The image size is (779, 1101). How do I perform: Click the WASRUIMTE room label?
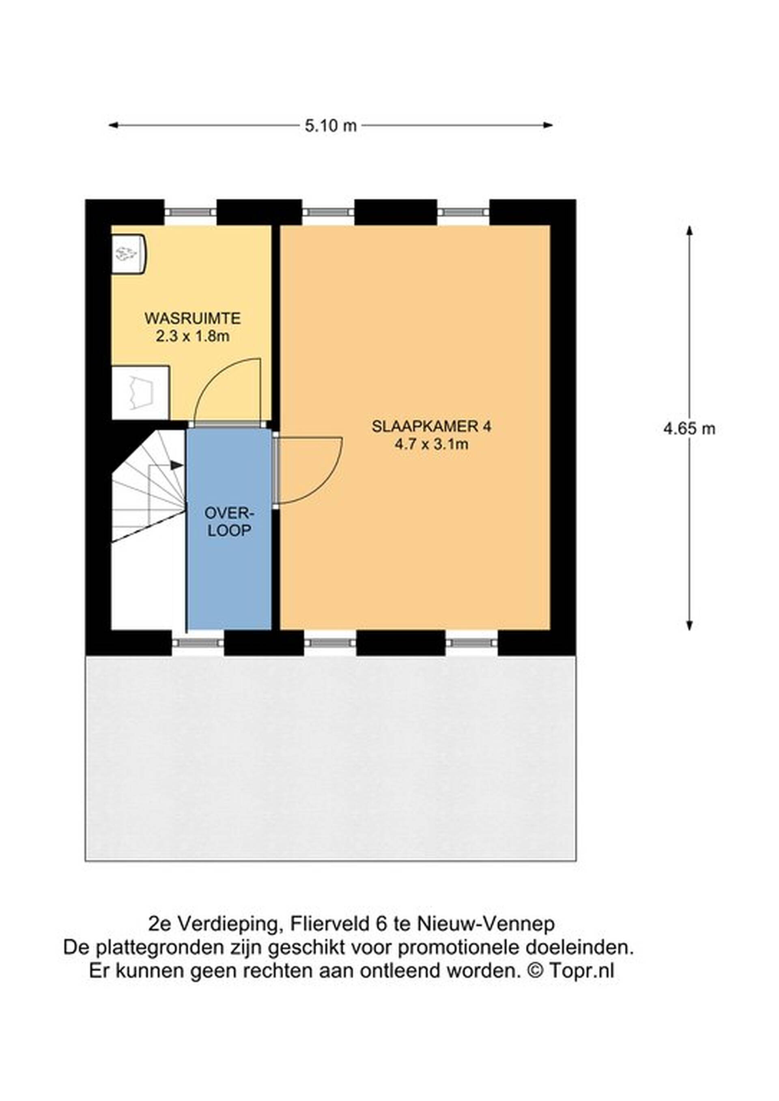click(192, 318)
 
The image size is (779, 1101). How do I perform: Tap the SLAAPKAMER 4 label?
click(431, 426)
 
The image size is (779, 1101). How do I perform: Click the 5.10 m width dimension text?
click(331, 126)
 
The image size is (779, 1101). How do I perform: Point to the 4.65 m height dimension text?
click(689, 428)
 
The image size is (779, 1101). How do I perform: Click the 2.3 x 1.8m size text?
click(192, 336)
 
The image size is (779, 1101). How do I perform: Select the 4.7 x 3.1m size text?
click(431, 444)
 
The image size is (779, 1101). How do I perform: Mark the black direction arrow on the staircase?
click(176, 465)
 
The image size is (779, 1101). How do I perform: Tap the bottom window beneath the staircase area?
click(198, 643)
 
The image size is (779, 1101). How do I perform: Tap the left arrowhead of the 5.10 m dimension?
click(114, 126)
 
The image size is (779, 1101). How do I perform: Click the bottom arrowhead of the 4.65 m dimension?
click(689, 625)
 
